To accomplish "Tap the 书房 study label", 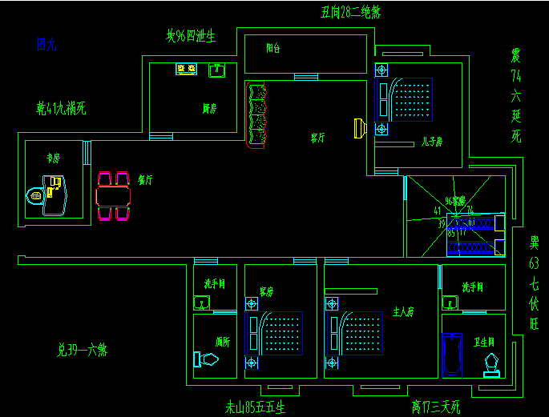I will coord(53,158).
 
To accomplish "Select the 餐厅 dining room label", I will coord(145,180).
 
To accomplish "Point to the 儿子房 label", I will coord(432,143).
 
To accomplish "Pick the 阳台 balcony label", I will coord(273,48).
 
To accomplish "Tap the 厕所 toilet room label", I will coord(223,342).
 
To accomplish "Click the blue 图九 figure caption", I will coord(46,45).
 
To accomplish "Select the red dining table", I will coord(113,195).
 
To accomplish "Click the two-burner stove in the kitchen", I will coord(187,70).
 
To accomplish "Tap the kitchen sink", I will coord(216,70).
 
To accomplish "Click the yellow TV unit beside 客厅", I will coord(360,127).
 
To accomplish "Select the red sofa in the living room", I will coord(257,115).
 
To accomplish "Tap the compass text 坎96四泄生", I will coord(191,36).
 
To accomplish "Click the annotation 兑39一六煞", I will coord(82,350).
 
